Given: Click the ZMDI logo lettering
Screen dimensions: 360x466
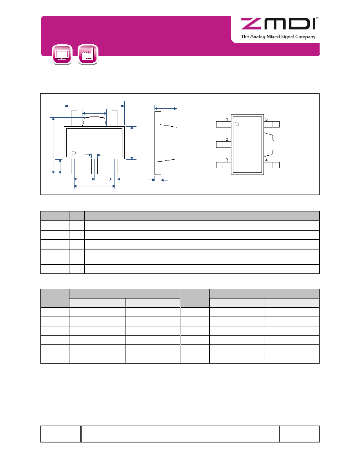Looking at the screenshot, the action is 278,24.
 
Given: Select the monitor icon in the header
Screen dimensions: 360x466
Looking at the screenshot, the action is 62,55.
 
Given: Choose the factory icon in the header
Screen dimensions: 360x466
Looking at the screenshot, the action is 88,55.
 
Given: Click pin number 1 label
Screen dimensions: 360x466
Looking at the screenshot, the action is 227,119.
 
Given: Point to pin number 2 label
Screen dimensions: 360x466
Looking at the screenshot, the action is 227,139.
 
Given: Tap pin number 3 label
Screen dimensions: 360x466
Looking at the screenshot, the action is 227,160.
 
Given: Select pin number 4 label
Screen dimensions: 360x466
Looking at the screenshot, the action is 266,160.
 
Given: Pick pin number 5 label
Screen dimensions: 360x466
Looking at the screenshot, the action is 266,119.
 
